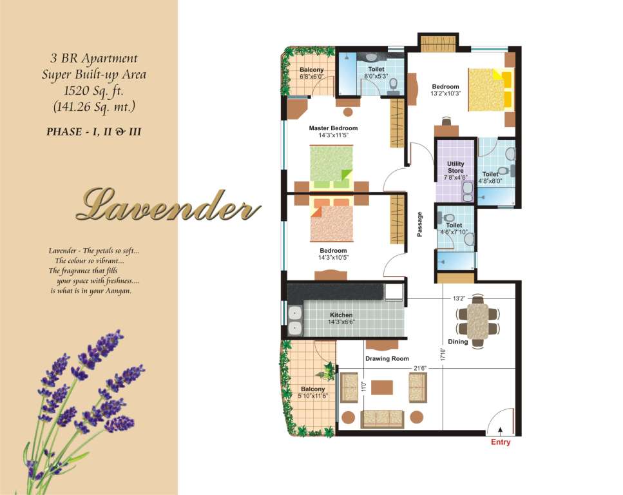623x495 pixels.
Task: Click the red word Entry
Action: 500,442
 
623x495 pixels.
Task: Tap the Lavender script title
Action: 168,205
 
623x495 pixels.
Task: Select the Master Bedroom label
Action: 333,128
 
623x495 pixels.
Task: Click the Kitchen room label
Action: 341,315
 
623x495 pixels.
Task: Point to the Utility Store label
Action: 455,167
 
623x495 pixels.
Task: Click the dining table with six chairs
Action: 477,321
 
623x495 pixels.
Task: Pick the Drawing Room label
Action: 387,358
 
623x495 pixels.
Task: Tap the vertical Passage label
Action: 419,224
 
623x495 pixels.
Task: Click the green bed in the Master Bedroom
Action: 331,167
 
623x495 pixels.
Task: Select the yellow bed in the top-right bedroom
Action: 490,90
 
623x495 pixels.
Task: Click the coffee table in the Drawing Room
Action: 382,387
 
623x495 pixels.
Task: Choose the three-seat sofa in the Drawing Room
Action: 382,419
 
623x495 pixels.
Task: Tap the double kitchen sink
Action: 294,320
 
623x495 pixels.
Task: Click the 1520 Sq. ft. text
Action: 94,91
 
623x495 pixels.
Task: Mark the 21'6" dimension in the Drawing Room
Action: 419,368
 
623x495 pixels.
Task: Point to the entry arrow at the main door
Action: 500,431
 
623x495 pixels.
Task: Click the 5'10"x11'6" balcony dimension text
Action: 313,396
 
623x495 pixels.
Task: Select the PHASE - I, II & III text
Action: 94,131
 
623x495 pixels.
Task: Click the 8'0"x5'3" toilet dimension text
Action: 376,76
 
